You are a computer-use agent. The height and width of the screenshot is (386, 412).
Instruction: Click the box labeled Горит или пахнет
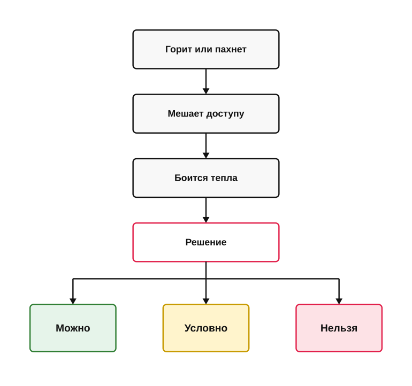pos(206,49)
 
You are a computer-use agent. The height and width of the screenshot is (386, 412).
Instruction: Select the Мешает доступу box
pos(206,114)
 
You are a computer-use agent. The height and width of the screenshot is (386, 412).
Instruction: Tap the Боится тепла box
pos(206,178)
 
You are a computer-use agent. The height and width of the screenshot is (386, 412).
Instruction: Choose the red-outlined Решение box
pos(206,242)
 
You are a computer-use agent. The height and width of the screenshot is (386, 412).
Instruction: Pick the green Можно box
pos(73,328)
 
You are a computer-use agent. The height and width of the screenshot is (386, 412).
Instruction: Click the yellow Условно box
pos(206,328)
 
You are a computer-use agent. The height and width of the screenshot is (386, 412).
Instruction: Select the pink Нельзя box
pos(339,328)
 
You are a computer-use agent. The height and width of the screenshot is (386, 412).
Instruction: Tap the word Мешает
pos(186,113)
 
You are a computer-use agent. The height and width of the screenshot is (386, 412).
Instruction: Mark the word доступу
pos(225,114)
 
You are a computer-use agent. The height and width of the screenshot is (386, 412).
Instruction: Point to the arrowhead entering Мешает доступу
pos(206,91)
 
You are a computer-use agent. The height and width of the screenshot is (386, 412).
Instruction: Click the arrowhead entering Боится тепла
pos(206,156)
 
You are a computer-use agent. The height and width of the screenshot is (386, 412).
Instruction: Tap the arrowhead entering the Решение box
pos(206,220)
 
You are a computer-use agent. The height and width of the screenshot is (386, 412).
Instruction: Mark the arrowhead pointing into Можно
pos(73,301)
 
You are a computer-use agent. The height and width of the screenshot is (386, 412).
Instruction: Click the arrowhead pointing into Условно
pos(206,301)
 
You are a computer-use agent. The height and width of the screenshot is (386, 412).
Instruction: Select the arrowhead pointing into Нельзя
pos(339,301)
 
